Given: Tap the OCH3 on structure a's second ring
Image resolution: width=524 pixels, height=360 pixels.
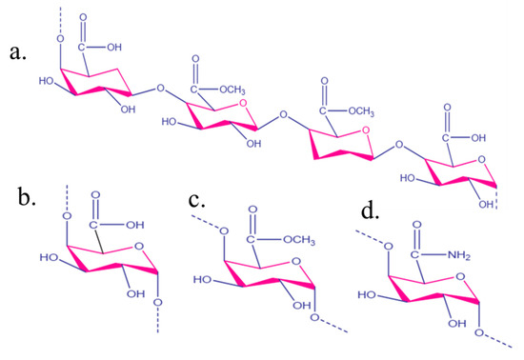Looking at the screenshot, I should tap(234, 91).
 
